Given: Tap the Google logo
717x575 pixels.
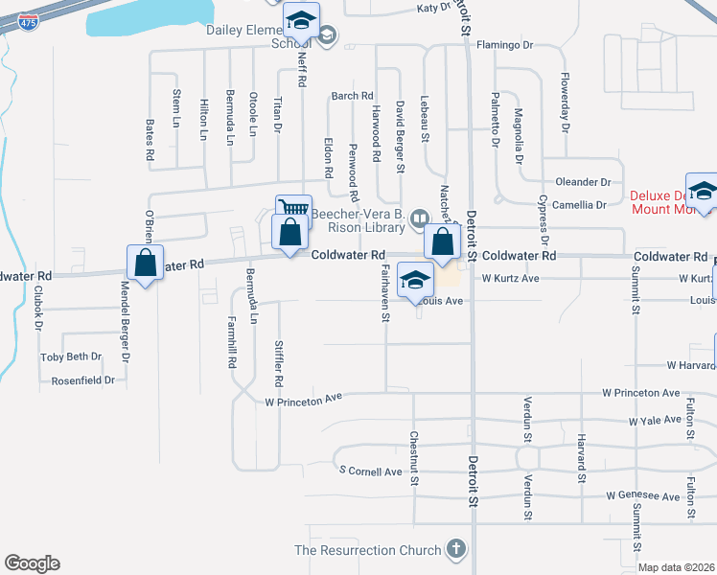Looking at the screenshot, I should (x=32, y=563).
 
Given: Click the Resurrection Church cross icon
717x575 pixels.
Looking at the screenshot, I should (x=456, y=550).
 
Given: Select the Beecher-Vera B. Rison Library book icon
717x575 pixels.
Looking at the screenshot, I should (x=420, y=219).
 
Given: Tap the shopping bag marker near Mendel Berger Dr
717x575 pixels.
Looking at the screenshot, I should (x=144, y=264).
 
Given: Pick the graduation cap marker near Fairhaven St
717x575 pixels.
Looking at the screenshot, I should (x=414, y=280).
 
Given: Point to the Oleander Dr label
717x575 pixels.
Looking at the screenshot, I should (x=583, y=182).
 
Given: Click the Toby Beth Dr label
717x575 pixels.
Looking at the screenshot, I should (x=71, y=356).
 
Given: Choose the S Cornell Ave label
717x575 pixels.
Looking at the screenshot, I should (x=371, y=471).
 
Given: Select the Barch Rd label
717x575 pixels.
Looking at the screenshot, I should (x=352, y=96).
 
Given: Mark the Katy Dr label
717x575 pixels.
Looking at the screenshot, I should (x=433, y=8).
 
